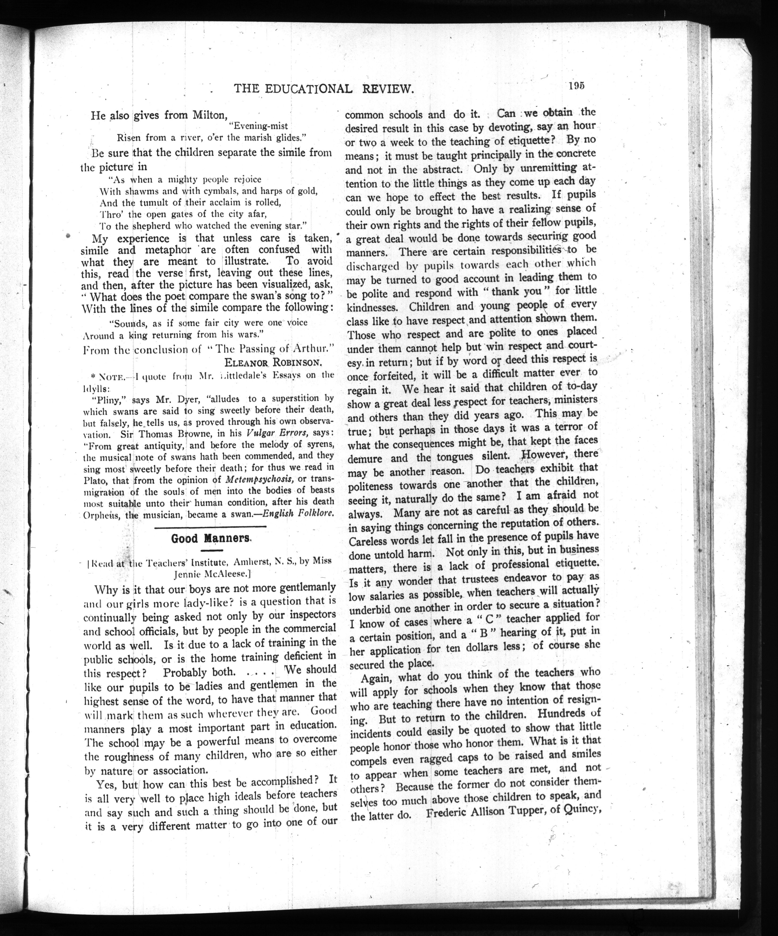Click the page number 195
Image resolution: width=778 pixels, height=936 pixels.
(x=576, y=86)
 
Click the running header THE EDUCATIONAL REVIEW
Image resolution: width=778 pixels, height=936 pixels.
(x=324, y=89)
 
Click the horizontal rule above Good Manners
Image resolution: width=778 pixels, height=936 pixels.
(x=210, y=527)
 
